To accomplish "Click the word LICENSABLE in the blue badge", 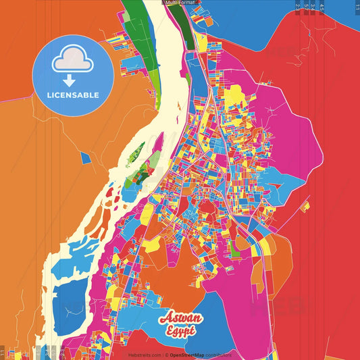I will [73, 95].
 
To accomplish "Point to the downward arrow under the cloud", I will [70, 81].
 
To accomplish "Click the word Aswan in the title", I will [178, 318].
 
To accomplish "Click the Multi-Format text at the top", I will [180, 3].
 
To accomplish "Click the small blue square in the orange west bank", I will [85, 157].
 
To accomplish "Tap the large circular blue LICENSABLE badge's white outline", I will [36, 76].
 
